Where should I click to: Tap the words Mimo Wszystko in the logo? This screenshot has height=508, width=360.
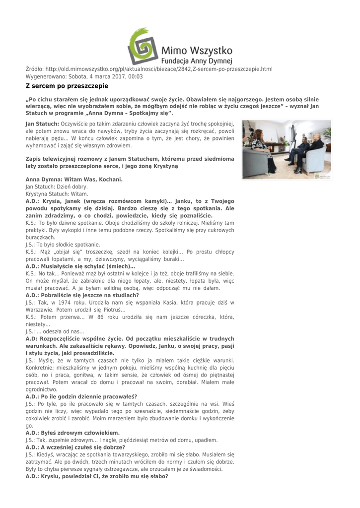198,50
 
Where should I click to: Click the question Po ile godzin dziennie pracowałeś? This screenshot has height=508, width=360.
81,396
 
